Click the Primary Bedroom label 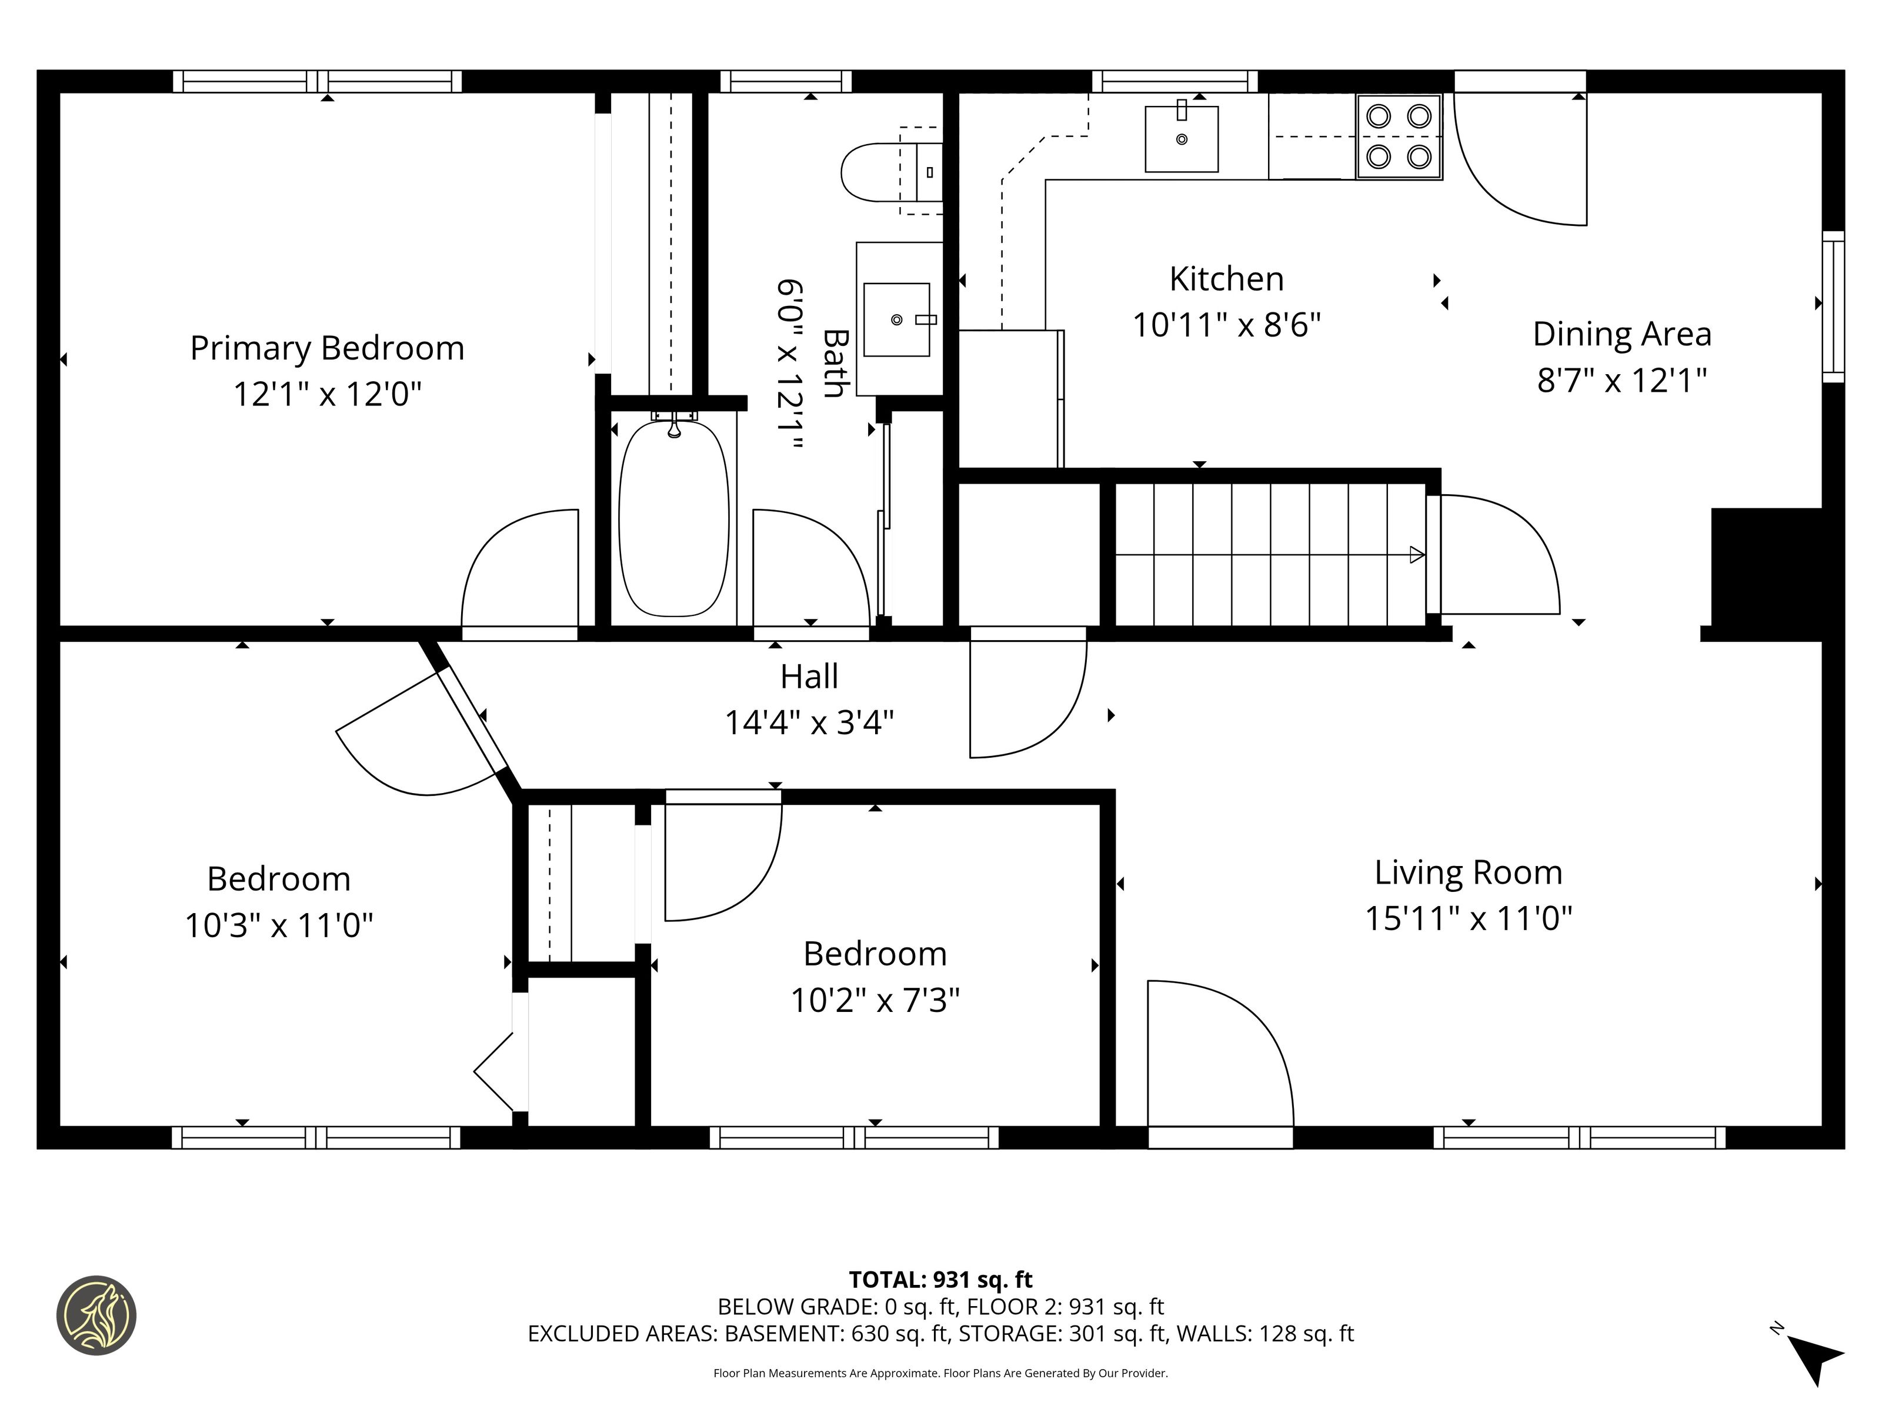click(x=327, y=348)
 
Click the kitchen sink click(x=1181, y=139)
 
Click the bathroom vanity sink click(x=897, y=319)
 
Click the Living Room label click(x=1469, y=872)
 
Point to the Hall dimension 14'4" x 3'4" click(x=809, y=722)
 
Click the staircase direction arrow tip click(x=1424, y=555)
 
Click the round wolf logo click(x=96, y=1315)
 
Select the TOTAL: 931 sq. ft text click(x=940, y=1279)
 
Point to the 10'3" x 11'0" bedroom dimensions click(x=279, y=925)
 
